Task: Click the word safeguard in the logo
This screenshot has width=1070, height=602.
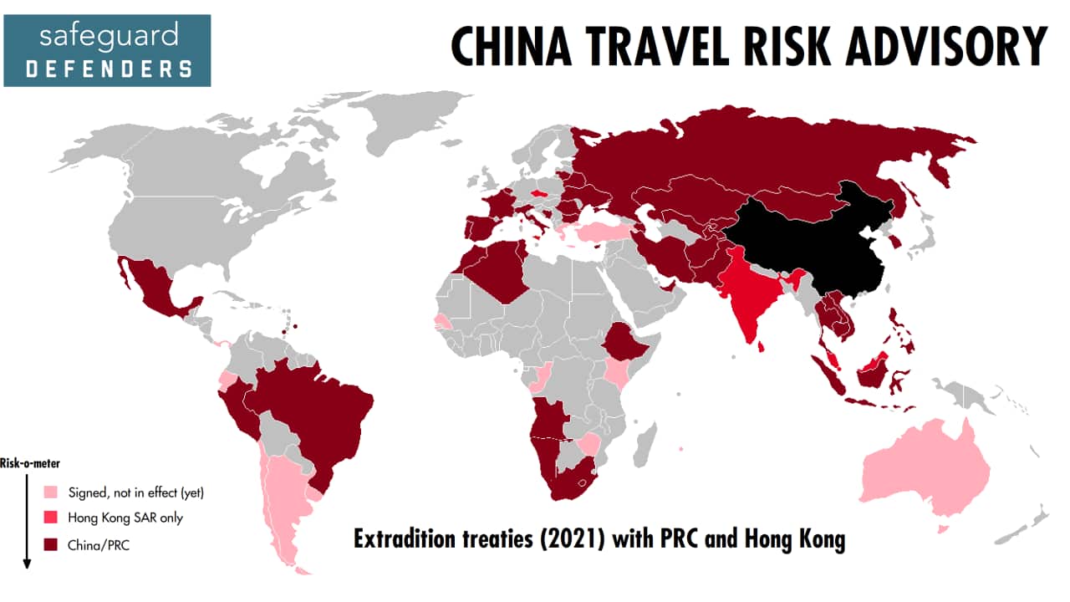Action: (x=109, y=36)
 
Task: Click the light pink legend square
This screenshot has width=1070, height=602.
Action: (x=53, y=492)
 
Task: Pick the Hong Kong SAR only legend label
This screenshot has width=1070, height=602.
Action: (x=125, y=518)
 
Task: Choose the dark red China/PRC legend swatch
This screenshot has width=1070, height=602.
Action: (x=53, y=545)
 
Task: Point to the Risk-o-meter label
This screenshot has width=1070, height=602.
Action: (x=30, y=462)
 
